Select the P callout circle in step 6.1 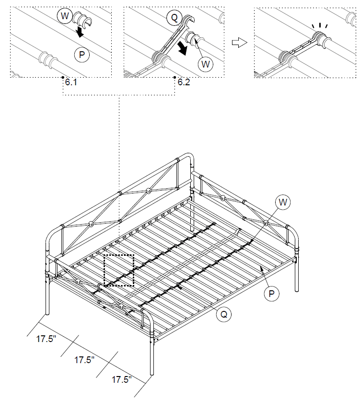[x=82, y=55]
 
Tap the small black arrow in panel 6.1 [x=81, y=33]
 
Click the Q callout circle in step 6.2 [x=174, y=19]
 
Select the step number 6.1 [x=71, y=82]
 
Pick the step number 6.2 [x=184, y=82]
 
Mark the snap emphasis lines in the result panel [x=318, y=27]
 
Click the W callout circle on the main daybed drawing [x=283, y=202]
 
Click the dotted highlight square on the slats [x=118, y=271]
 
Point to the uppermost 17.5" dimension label [x=46, y=339]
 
